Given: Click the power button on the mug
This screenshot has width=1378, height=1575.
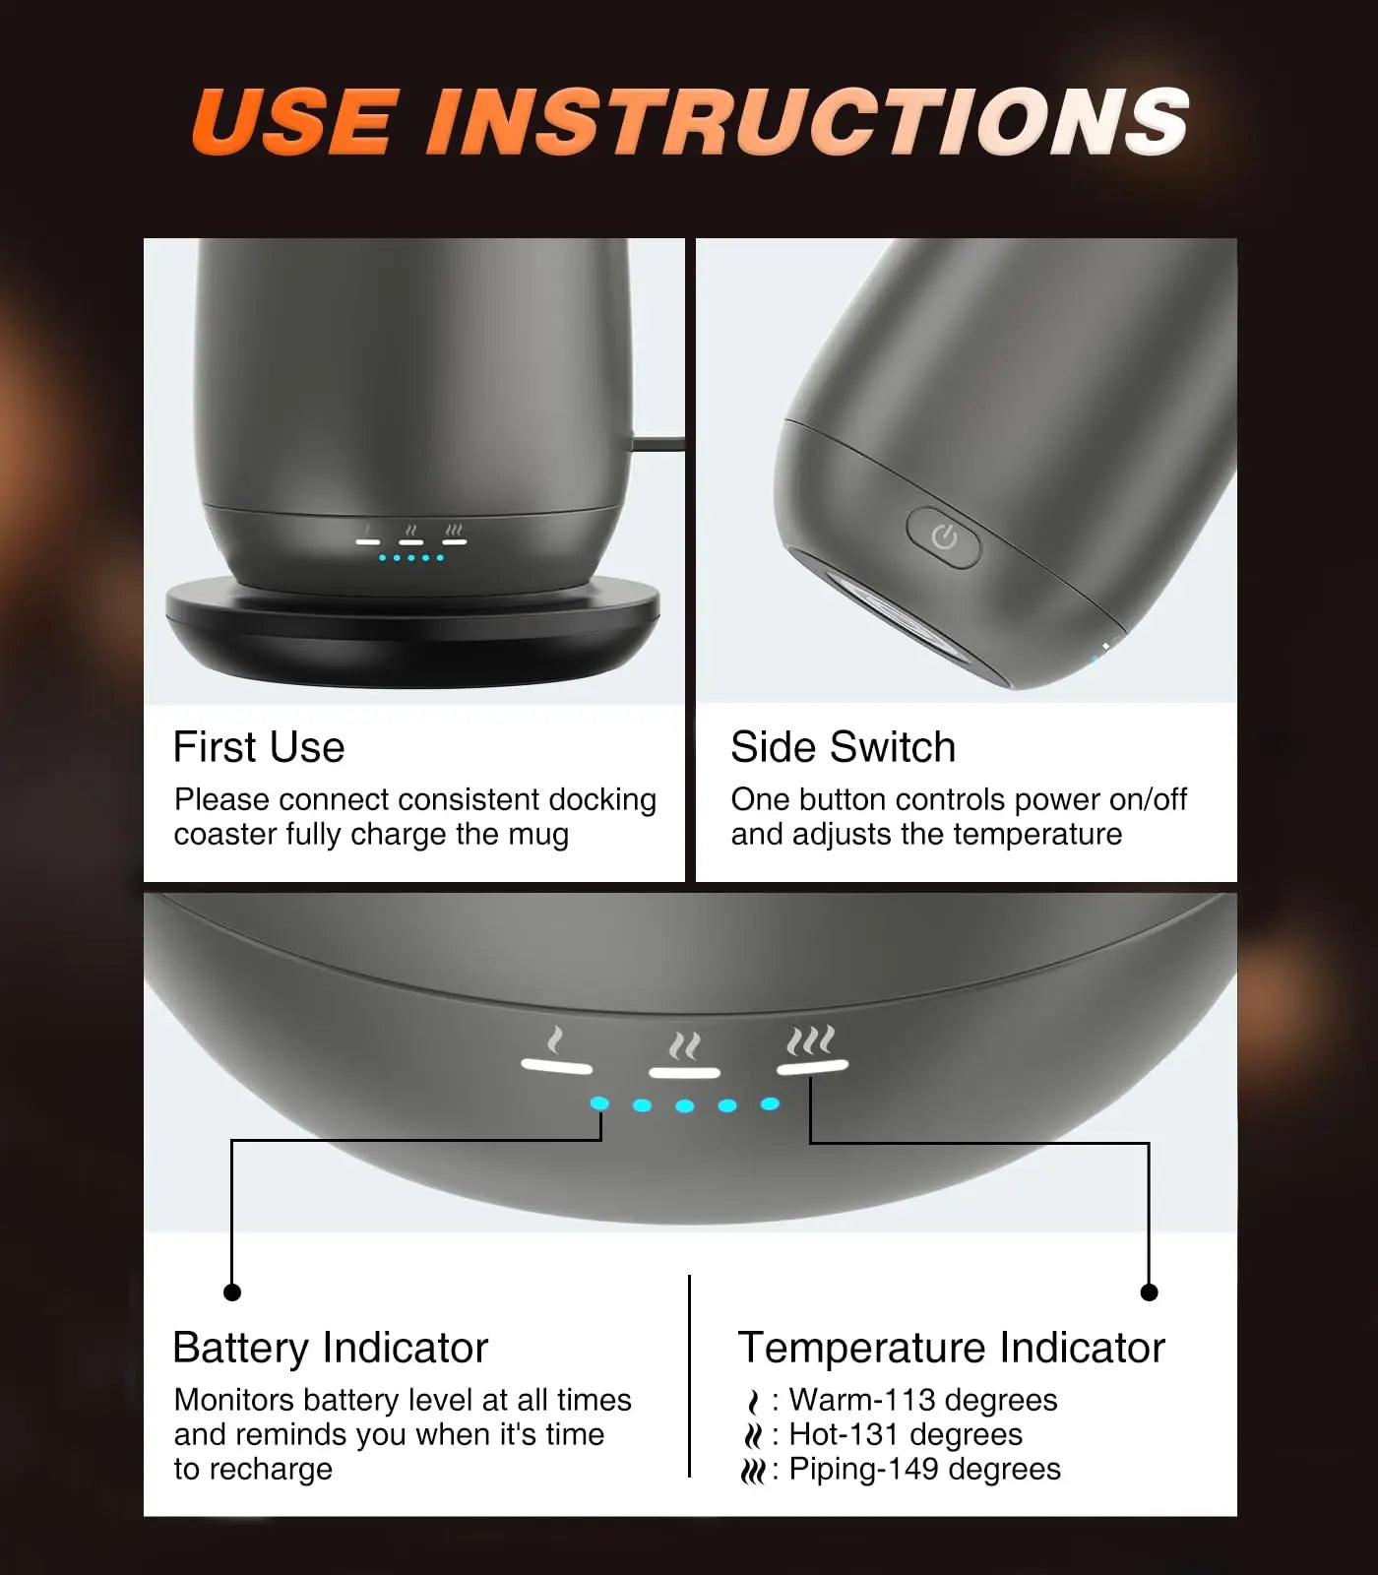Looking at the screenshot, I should click(x=943, y=537).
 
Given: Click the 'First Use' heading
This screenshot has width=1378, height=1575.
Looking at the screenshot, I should click(x=259, y=747).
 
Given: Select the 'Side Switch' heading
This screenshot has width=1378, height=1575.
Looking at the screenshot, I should click(x=843, y=747).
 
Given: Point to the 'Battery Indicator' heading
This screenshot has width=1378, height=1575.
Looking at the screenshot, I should click(x=330, y=1348).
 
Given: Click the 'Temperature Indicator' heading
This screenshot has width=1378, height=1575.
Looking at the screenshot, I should click(x=951, y=1348).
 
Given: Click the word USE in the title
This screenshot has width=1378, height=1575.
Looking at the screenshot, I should click(x=296, y=122).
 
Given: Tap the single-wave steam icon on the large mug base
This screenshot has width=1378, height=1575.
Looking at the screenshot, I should click(x=556, y=1040).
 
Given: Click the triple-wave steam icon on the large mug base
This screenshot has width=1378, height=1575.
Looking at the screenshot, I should click(x=811, y=1040).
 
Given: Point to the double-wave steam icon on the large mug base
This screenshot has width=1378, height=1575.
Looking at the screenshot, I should click(x=684, y=1043).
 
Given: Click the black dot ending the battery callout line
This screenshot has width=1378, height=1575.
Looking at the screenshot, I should click(x=232, y=1291).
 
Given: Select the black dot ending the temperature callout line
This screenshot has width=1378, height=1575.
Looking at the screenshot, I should click(x=1149, y=1291).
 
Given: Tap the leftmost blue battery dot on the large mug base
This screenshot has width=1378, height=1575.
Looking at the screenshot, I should click(x=599, y=1104).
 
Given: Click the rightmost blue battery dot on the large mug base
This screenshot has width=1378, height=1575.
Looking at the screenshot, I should click(x=771, y=1103).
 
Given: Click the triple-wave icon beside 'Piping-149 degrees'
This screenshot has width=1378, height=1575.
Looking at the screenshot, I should click(x=753, y=1471).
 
